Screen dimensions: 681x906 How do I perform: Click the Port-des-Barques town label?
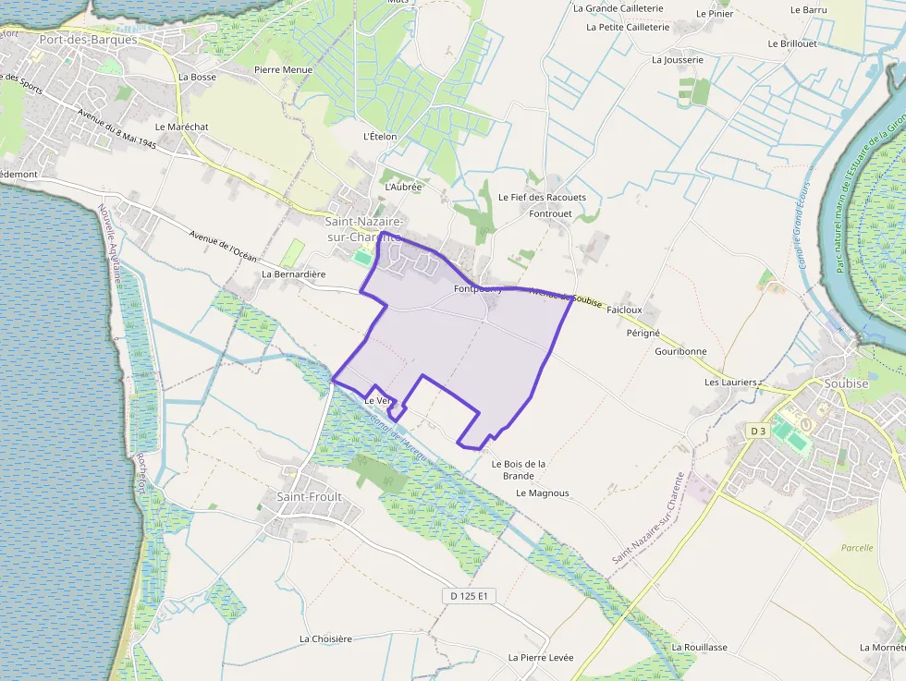pyautogui.click(x=88, y=40)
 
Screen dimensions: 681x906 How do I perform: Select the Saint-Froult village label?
pyautogui.click(x=309, y=496)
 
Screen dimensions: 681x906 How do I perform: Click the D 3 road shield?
pyautogui.click(x=757, y=431)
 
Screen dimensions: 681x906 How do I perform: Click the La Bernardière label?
pyautogui.click(x=294, y=274)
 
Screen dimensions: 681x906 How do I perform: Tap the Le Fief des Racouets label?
pyautogui.click(x=542, y=197)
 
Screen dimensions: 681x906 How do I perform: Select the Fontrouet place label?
pyautogui.click(x=551, y=213)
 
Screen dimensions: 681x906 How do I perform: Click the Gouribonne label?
pyautogui.click(x=680, y=351)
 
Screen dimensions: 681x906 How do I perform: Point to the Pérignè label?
pyautogui.click(x=643, y=332)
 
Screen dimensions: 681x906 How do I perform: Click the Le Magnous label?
pyautogui.click(x=543, y=493)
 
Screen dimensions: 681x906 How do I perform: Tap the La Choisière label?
pyautogui.click(x=325, y=638)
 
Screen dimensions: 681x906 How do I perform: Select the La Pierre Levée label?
pyautogui.click(x=541, y=657)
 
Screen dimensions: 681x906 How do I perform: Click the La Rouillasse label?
pyautogui.click(x=700, y=647)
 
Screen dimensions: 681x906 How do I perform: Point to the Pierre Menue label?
pyautogui.click(x=283, y=69)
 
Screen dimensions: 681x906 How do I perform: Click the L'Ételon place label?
pyautogui.click(x=380, y=136)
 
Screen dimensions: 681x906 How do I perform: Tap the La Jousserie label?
pyautogui.click(x=678, y=59)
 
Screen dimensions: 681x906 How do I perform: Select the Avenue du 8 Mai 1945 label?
pyautogui.click(x=117, y=130)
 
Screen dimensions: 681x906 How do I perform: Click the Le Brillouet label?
pyautogui.click(x=792, y=43)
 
